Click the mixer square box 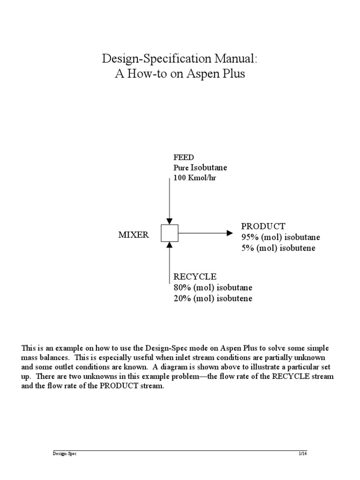point(170,233)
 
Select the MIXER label point(133,235)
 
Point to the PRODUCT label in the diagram point(263,226)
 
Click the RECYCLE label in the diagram point(195,277)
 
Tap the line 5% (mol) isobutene point(278,248)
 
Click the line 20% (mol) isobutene point(213,299)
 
